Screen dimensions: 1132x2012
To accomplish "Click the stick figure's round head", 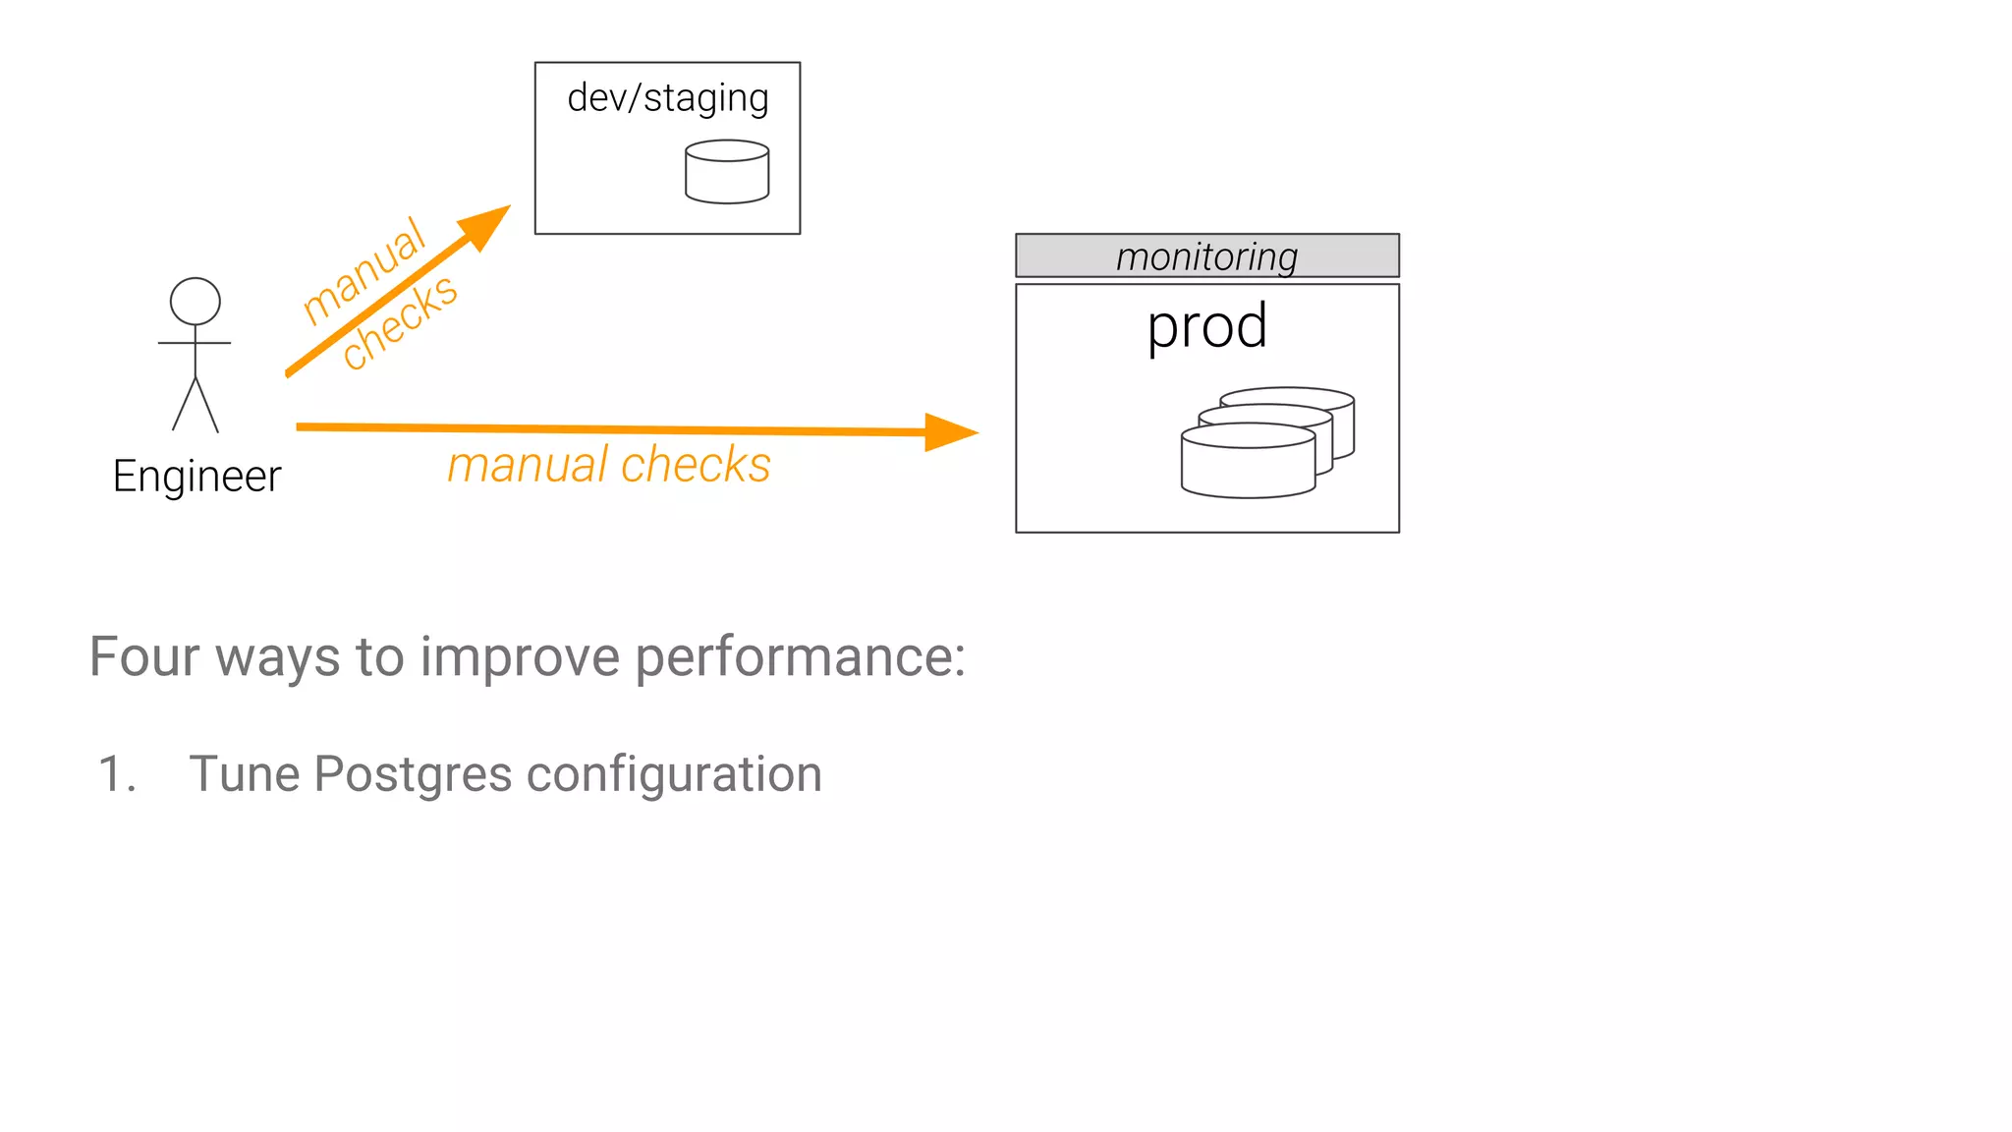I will coord(195,301).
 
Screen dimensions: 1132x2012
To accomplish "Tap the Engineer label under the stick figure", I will coord(196,477).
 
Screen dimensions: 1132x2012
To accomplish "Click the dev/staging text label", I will coord(668,98).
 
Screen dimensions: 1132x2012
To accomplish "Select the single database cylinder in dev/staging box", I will coord(727,173).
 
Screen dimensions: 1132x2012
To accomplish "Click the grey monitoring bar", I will coord(1206,255).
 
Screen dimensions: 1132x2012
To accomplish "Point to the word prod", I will coord(1206,326).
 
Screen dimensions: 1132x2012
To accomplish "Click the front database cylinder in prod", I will coord(1248,464).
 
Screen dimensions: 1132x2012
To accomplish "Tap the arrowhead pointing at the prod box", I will coord(949,432).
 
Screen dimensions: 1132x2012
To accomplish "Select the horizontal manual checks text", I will coord(609,465).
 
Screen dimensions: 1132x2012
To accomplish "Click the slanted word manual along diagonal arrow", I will coord(363,270).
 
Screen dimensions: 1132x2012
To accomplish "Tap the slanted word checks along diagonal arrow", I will coord(399,322).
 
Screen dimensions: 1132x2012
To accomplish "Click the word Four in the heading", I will coord(144,656).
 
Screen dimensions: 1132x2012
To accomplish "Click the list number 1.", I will coord(116,774).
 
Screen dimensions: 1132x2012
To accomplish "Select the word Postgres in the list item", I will coord(414,774).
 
